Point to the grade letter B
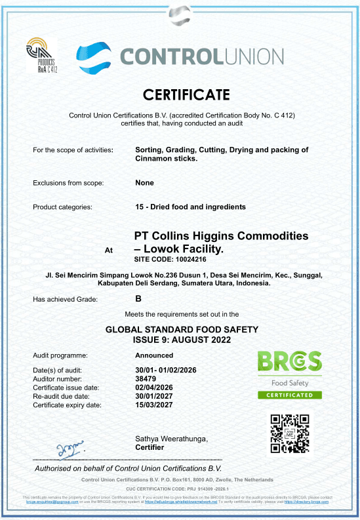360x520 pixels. tap(138, 299)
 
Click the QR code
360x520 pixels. tap(290, 433)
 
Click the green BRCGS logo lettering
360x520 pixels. tap(289, 361)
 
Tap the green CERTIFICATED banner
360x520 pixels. tap(289, 395)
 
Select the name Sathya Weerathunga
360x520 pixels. tap(172, 437)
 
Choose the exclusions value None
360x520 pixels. tap(144, 182)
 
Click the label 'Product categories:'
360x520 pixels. tap(63, 207)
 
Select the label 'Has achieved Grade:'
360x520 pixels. tap(65, 299)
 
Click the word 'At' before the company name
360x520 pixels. tap(108, 250)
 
